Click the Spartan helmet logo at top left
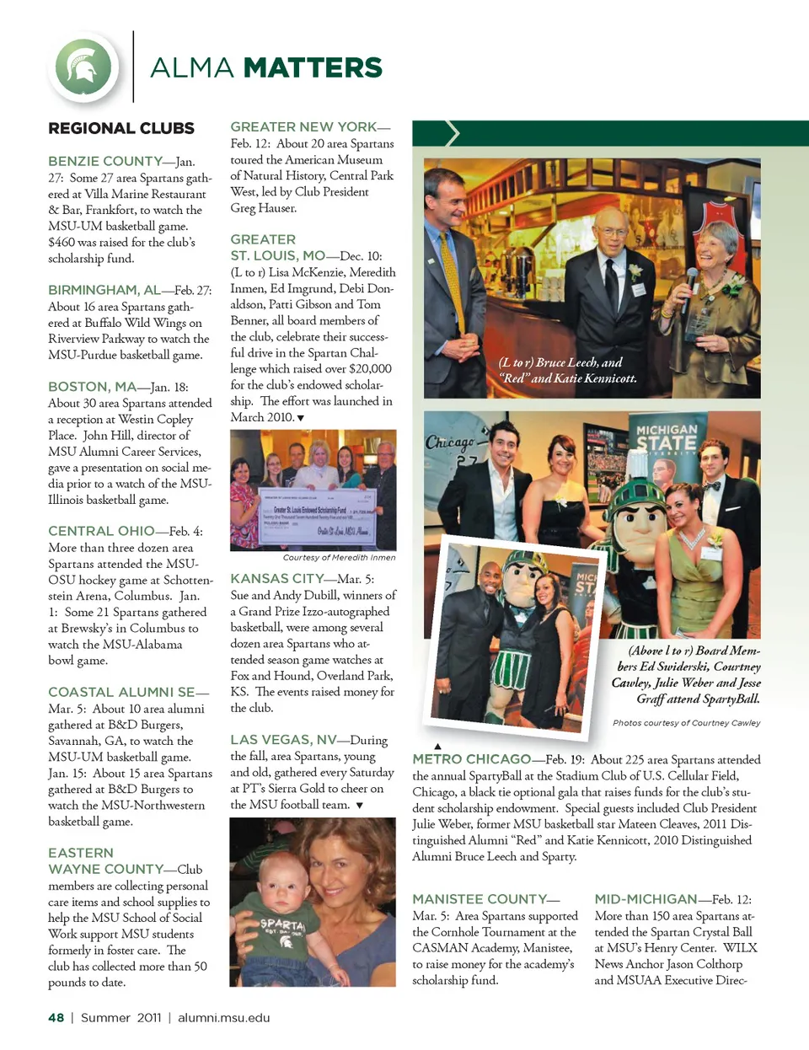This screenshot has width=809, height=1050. (x=83, y=67)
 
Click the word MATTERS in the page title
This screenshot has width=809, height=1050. (x=313, y=67)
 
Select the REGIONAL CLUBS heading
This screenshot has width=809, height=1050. (x=121, y=128)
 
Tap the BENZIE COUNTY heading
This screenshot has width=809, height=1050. (x=105, y=161)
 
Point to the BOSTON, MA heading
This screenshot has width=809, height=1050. (x=92, y=387)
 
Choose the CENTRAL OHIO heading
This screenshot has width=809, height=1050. (x=102, y=531)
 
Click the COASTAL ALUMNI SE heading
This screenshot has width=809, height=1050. (x=122, y=692)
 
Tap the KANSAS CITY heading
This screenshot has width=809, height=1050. (x=277, y=579)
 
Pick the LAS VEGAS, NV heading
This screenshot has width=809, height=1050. (x=283, y=740)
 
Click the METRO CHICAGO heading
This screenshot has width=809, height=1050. (x=471, y=759)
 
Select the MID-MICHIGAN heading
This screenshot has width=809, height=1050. (x=646, y=899)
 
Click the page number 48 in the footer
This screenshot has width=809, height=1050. (x=56, y=1018)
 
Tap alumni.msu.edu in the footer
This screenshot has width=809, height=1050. (x=223, y=1018)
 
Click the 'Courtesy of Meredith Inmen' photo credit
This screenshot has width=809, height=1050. (x=339, y=558)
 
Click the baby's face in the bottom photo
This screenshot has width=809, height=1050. (x=279, y=881)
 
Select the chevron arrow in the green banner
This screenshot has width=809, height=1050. (x=453, y=133)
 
